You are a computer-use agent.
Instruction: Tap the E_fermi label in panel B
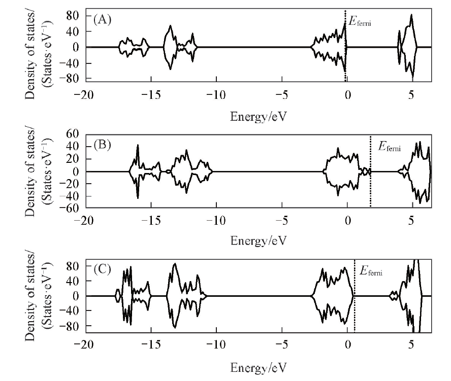[390, 148]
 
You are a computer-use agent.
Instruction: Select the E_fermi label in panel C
[371, 271]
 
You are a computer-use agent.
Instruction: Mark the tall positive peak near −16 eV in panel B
[137, 147]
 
